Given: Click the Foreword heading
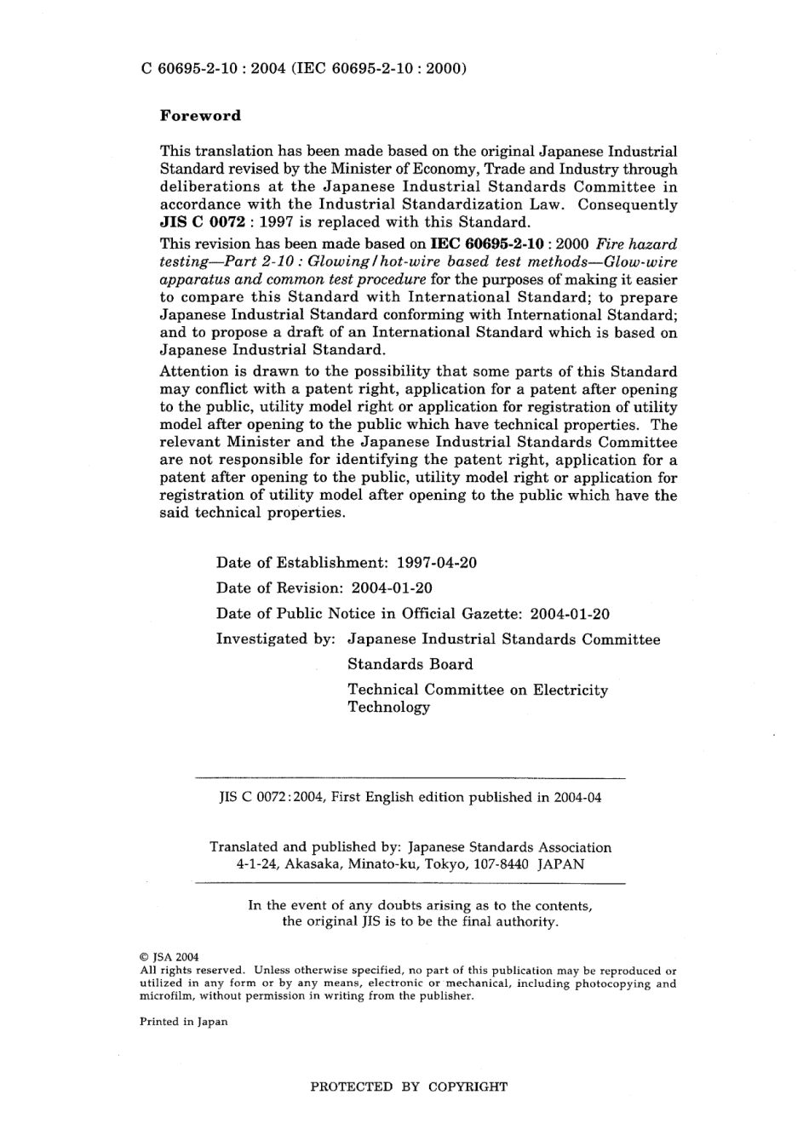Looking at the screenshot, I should pos(200,116).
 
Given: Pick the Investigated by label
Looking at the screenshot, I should pos(275,639).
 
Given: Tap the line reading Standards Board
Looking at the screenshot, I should pos(410,664).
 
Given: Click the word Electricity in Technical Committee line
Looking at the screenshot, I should pos(571,690).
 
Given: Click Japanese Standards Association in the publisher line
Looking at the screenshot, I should pos(509,847).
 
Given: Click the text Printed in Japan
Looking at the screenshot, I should pos(183,1022).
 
